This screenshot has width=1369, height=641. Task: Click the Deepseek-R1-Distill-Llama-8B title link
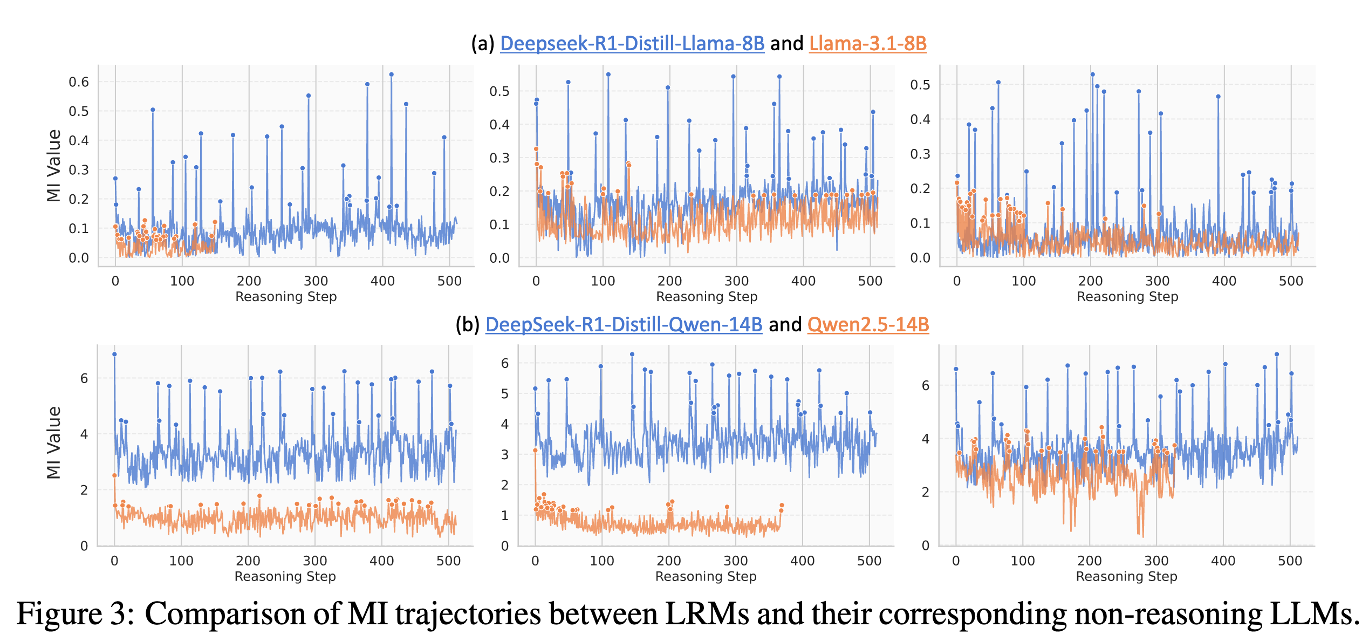click(x=632, y=44)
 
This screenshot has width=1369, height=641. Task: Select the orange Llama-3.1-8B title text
click(x=867, y=44)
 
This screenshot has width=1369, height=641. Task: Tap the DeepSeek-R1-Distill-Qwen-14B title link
click(x=624, y=325)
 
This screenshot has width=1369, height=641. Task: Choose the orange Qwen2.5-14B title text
click(x=868, y=325)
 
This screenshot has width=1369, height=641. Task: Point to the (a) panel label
click(x=483, y=44)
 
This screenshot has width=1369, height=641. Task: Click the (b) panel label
click(x=467, y=325)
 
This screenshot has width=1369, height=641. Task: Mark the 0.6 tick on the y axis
click(x=79, y=82)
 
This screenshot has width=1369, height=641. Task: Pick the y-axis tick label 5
click(x=505, y=394)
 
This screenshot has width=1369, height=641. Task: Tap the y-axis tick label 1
click(x=505, y=516)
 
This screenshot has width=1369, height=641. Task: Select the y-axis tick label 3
click(x=505, y=455)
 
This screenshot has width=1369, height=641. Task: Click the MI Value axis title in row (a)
click(x=54, y=166)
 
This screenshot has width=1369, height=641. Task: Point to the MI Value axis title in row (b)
click(x=54, y=443)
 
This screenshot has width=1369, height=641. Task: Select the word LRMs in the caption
click(x=707, y=615)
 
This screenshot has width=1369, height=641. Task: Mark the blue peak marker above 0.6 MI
click(x=392, y=75)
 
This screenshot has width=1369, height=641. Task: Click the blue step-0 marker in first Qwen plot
click(x=114, y=354)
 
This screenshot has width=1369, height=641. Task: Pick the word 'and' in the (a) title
click(x=786, y=44)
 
